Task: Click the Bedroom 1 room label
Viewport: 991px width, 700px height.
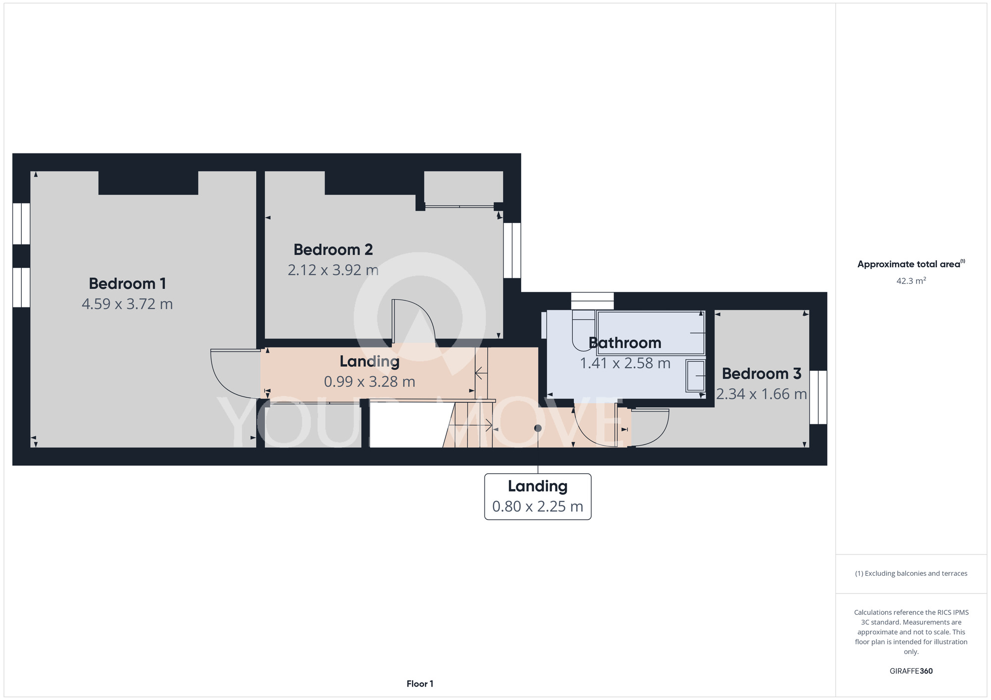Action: (x=127, y=284)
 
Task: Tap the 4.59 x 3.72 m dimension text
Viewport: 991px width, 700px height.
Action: (x=127, y=304)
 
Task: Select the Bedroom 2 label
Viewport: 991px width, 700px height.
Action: (x=333, y=250)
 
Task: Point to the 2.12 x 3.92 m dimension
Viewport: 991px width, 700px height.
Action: (x=333, y=270)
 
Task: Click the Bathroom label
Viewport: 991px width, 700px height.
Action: (x=625, y=343)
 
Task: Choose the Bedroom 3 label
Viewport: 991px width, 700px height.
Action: (x=762, y=373)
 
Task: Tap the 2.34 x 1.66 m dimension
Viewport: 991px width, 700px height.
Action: (x=762, y=394)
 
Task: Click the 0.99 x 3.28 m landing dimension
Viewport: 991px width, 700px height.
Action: (x=370, y=382)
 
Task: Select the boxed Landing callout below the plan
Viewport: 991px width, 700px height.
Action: (x=538, y=497)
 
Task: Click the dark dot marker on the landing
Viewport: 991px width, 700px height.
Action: (x=538, y=428)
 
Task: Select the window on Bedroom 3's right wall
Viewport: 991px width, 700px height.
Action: (x=818, y=398)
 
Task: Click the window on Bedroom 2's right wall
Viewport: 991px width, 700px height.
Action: (x=512, y=250)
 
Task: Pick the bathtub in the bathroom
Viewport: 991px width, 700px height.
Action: (x=651, y=333)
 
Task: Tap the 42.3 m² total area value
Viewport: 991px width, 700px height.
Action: (x=911, y=281)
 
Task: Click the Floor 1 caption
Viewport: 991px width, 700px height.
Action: (x=420, y=684)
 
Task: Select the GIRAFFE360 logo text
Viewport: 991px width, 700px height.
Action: (x=911, y=671)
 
